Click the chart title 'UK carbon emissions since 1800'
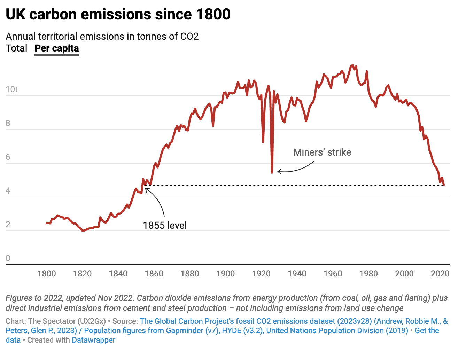[x=118, y=15]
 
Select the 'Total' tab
[x=16, y=48]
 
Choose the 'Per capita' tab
[x=57, y=48]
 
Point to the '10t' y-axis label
[x=11, y=89]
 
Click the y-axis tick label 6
[x=8, y=157]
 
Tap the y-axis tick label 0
[x=8, y=258]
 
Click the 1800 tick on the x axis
[x=47, y=273]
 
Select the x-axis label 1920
[x=261, y=273]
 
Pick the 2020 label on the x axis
[x=440, y=273]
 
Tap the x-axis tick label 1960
[x=333, y=273]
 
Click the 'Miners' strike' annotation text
[x=322, y=152]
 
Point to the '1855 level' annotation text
[x=165, y=226]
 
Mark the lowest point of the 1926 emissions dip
[x=272, y=172]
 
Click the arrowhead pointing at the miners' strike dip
[x=278, y=171]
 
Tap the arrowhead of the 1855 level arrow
[x=146, y=189]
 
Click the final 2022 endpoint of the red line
[x=444, y=185]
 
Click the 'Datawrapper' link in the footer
[x=93, y=340]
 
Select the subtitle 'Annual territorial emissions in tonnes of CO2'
[x=102, y=37]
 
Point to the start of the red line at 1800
[x=47, y=222]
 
